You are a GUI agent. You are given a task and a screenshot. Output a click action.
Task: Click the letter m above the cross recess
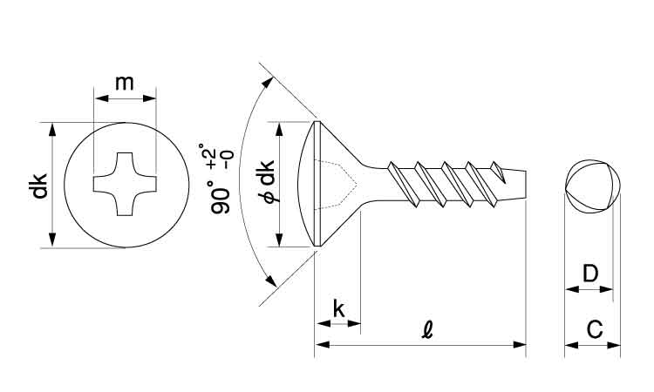coord(125,84)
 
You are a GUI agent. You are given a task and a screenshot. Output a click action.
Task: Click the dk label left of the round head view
coord(38,186)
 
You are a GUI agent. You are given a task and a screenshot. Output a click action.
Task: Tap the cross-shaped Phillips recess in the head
coord(125,184)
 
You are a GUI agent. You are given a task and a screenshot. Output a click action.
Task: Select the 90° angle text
coord(221,198)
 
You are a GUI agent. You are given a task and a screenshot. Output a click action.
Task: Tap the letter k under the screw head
coord(338,309)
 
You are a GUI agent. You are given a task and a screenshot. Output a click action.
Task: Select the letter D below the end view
coord(590,274)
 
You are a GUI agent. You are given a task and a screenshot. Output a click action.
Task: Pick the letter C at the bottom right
coord(595,329)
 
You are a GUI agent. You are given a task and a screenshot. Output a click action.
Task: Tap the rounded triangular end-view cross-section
coord(593,186)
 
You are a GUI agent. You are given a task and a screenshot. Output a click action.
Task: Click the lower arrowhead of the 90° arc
coord(270,280)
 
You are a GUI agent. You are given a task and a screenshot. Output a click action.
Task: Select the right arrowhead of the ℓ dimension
coord(520,344)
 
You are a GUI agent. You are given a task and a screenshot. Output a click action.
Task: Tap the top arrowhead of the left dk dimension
coord(51,130)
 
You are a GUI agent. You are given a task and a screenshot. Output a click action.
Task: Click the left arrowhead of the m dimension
coord(102,98)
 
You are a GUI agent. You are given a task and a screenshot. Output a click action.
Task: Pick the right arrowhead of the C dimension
coord(614,345)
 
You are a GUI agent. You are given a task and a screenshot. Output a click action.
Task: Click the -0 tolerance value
coord(228,159)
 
